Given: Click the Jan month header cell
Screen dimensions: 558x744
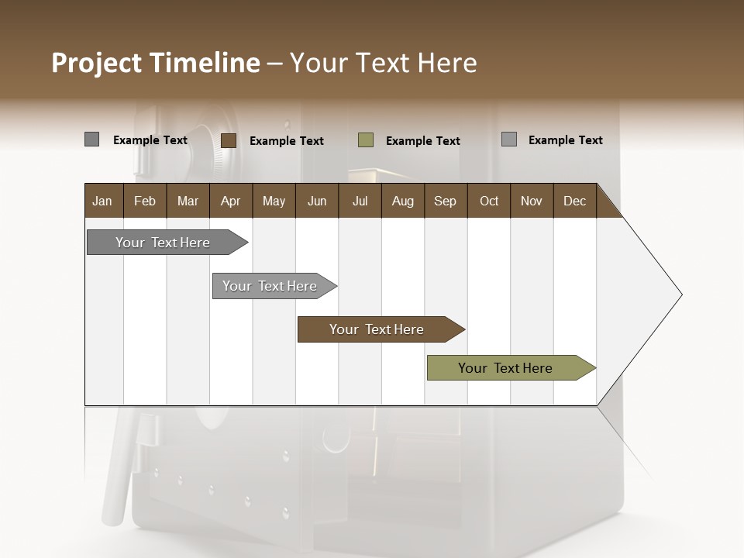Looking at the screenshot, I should point(102,201).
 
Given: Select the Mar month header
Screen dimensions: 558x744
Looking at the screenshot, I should point(188,201).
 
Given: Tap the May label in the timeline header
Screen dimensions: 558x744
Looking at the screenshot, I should point(274,201).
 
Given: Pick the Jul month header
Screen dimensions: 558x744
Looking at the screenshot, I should point(360,201).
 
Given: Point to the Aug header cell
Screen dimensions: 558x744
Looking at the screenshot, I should point(402,201).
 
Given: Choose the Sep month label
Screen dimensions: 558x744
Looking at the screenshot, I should point(445,201).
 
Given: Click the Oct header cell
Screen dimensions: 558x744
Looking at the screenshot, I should point(489,201).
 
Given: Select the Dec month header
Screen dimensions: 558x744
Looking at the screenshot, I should point(574,201).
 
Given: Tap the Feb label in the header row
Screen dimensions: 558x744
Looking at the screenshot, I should point(145,201).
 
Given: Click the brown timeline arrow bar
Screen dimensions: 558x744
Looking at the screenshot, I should point(377,329).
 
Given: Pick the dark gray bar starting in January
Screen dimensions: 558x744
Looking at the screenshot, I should point(163,243).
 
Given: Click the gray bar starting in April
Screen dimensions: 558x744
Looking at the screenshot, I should point(270,286).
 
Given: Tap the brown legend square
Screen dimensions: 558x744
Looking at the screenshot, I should point(229,140).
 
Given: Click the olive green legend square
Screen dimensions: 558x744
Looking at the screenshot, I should point(366,140).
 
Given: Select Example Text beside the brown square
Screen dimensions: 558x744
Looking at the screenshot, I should point(287,141).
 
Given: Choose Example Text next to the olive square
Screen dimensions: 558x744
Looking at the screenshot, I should point(423,141).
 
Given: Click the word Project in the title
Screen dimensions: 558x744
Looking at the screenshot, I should point(96,63).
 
